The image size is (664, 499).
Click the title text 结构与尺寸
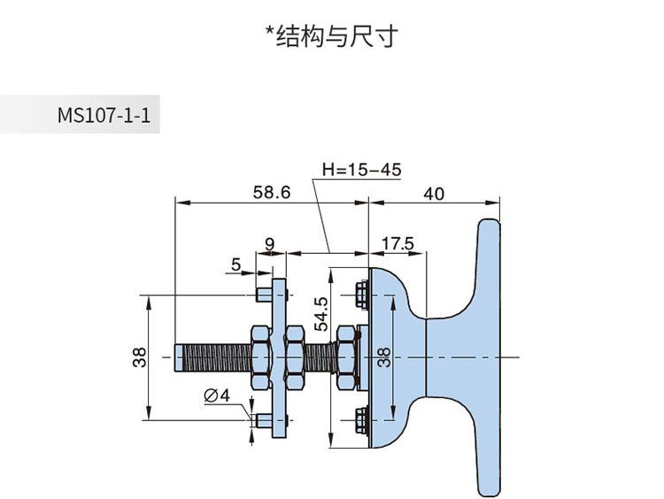(333, 36)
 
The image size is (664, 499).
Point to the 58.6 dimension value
(272, 192)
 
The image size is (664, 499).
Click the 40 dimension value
(434, 193)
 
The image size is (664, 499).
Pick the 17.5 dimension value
(398, 243)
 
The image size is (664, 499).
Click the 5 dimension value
(236, 264)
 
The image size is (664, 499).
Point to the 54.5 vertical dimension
(321, 312)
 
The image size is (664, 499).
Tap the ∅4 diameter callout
(217, 396)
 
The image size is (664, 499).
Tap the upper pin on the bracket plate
(260, 293)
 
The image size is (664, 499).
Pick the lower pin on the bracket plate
(260, 422)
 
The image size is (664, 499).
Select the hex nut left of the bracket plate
(260, 357)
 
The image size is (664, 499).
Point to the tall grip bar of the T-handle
(489, 357)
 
